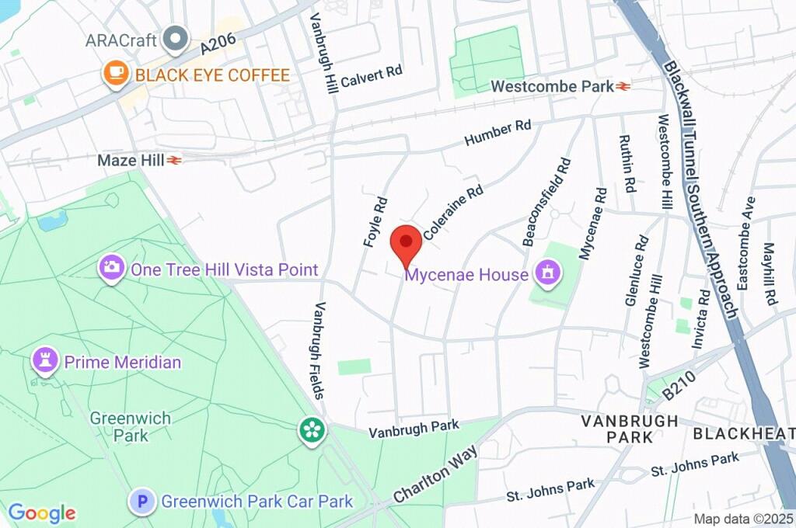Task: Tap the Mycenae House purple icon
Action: tap(548, 273)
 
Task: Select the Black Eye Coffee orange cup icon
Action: tap(115, 75)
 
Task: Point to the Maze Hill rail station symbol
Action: tap(175, 160)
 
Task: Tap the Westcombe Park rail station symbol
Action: tap(623, 86)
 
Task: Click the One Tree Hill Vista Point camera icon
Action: tap(112, 269)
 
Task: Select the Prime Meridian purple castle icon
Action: tap(45, 361)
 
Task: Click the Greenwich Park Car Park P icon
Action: tap(141, 502)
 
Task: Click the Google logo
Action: tap(42, 512)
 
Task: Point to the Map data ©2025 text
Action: tap(742, 518)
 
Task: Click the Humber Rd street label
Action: tap(497, 133)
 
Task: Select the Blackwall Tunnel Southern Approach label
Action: tap(699, 186)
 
